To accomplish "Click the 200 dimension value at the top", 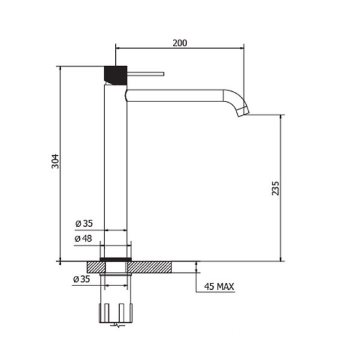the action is coord(180,43).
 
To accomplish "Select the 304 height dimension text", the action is coord(55,162).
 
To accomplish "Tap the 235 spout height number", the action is coord(275,188).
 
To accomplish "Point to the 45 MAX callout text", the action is coord(219,287).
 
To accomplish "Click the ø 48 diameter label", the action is coord(83,238).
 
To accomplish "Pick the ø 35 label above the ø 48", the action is coord(84,223).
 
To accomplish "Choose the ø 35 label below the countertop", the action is coord(82,279).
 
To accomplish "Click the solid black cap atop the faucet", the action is coord(116,75).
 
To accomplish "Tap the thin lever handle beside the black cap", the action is coord(145,74).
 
